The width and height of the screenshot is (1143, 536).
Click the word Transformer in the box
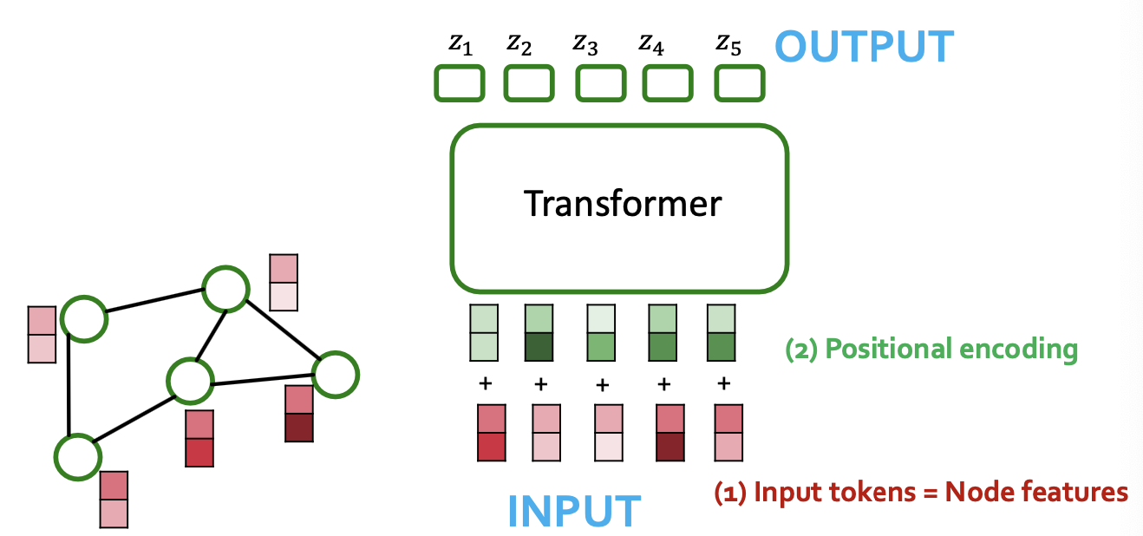[x=623, y=204]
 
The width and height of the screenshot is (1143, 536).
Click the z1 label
[x=460, y=44]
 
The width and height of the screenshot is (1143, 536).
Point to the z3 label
[x=585, y=44]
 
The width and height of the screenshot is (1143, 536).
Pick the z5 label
[x=728, y=44]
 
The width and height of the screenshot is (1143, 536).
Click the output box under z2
[x=529, y=83]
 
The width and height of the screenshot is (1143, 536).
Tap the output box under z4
[x=668, y=83]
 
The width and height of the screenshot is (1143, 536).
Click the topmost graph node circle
[x=225, y=288]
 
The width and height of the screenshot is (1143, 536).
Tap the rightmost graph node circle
[x=336, y=375]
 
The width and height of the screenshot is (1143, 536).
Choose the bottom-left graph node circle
[x=76, y=456]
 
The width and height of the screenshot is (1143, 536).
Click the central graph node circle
[x=190, y=380]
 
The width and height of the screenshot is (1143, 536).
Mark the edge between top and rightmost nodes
[x=282, y=332]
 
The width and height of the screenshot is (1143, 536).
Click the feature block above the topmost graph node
[x=284, y=282]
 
